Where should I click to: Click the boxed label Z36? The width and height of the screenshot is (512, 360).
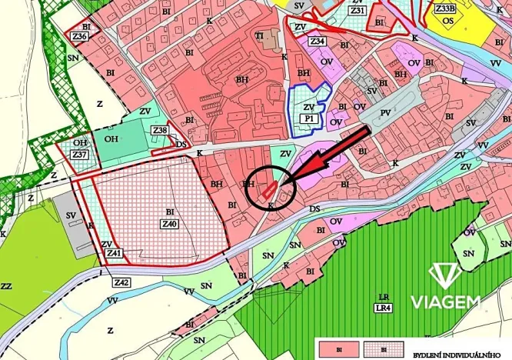(x=78, y=36)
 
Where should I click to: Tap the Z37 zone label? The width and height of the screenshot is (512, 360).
(x=80, y=155)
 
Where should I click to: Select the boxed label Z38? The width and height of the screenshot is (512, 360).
(x=160, y=131)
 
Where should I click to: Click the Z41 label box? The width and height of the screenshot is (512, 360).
(x=115, y=253)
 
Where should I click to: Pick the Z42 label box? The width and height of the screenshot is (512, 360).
(x=121, y=282)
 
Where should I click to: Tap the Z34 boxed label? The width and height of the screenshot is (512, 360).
(x=318, y=41)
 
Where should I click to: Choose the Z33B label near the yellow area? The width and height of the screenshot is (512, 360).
(x=445, y=9)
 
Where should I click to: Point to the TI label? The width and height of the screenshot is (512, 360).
(x=260, y=35)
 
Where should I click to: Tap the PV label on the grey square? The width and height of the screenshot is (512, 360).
(x=385, y=113)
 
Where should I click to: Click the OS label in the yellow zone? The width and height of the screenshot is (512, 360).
(x=448, y=21)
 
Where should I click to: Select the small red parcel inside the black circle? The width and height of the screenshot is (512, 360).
(x=268, y=191)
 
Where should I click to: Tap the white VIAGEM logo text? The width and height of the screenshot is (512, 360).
(x=445, y=302)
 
